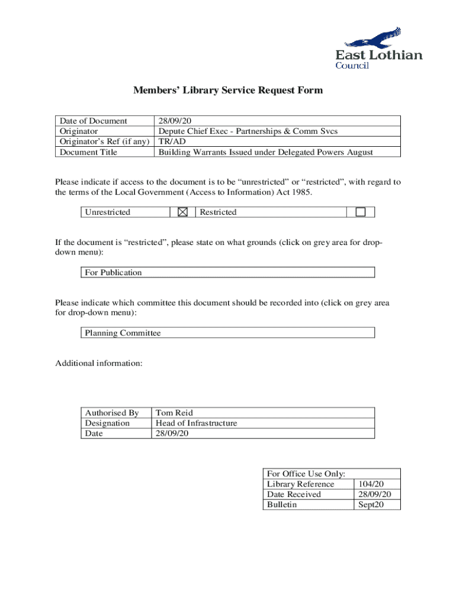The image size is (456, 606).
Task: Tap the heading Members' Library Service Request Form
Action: (228, 91)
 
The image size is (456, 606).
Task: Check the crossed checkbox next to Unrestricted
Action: (182, 212)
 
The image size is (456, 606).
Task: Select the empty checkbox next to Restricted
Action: (360, 212)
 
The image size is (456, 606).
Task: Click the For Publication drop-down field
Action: (228, 272)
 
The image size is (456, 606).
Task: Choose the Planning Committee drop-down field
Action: (228, 333)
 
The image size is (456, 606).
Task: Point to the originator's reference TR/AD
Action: (169, 142)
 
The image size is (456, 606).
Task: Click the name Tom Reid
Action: (174, 412)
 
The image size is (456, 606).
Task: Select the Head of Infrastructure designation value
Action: (196, 423)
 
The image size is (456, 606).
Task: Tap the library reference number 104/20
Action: (370, 484)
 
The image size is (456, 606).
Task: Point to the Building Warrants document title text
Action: (265, 152)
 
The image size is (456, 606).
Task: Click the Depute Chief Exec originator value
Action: (247, 131)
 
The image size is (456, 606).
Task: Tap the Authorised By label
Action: (112, 412)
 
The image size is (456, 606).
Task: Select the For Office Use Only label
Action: (306, 473)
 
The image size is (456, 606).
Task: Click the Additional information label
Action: (99, 363)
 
